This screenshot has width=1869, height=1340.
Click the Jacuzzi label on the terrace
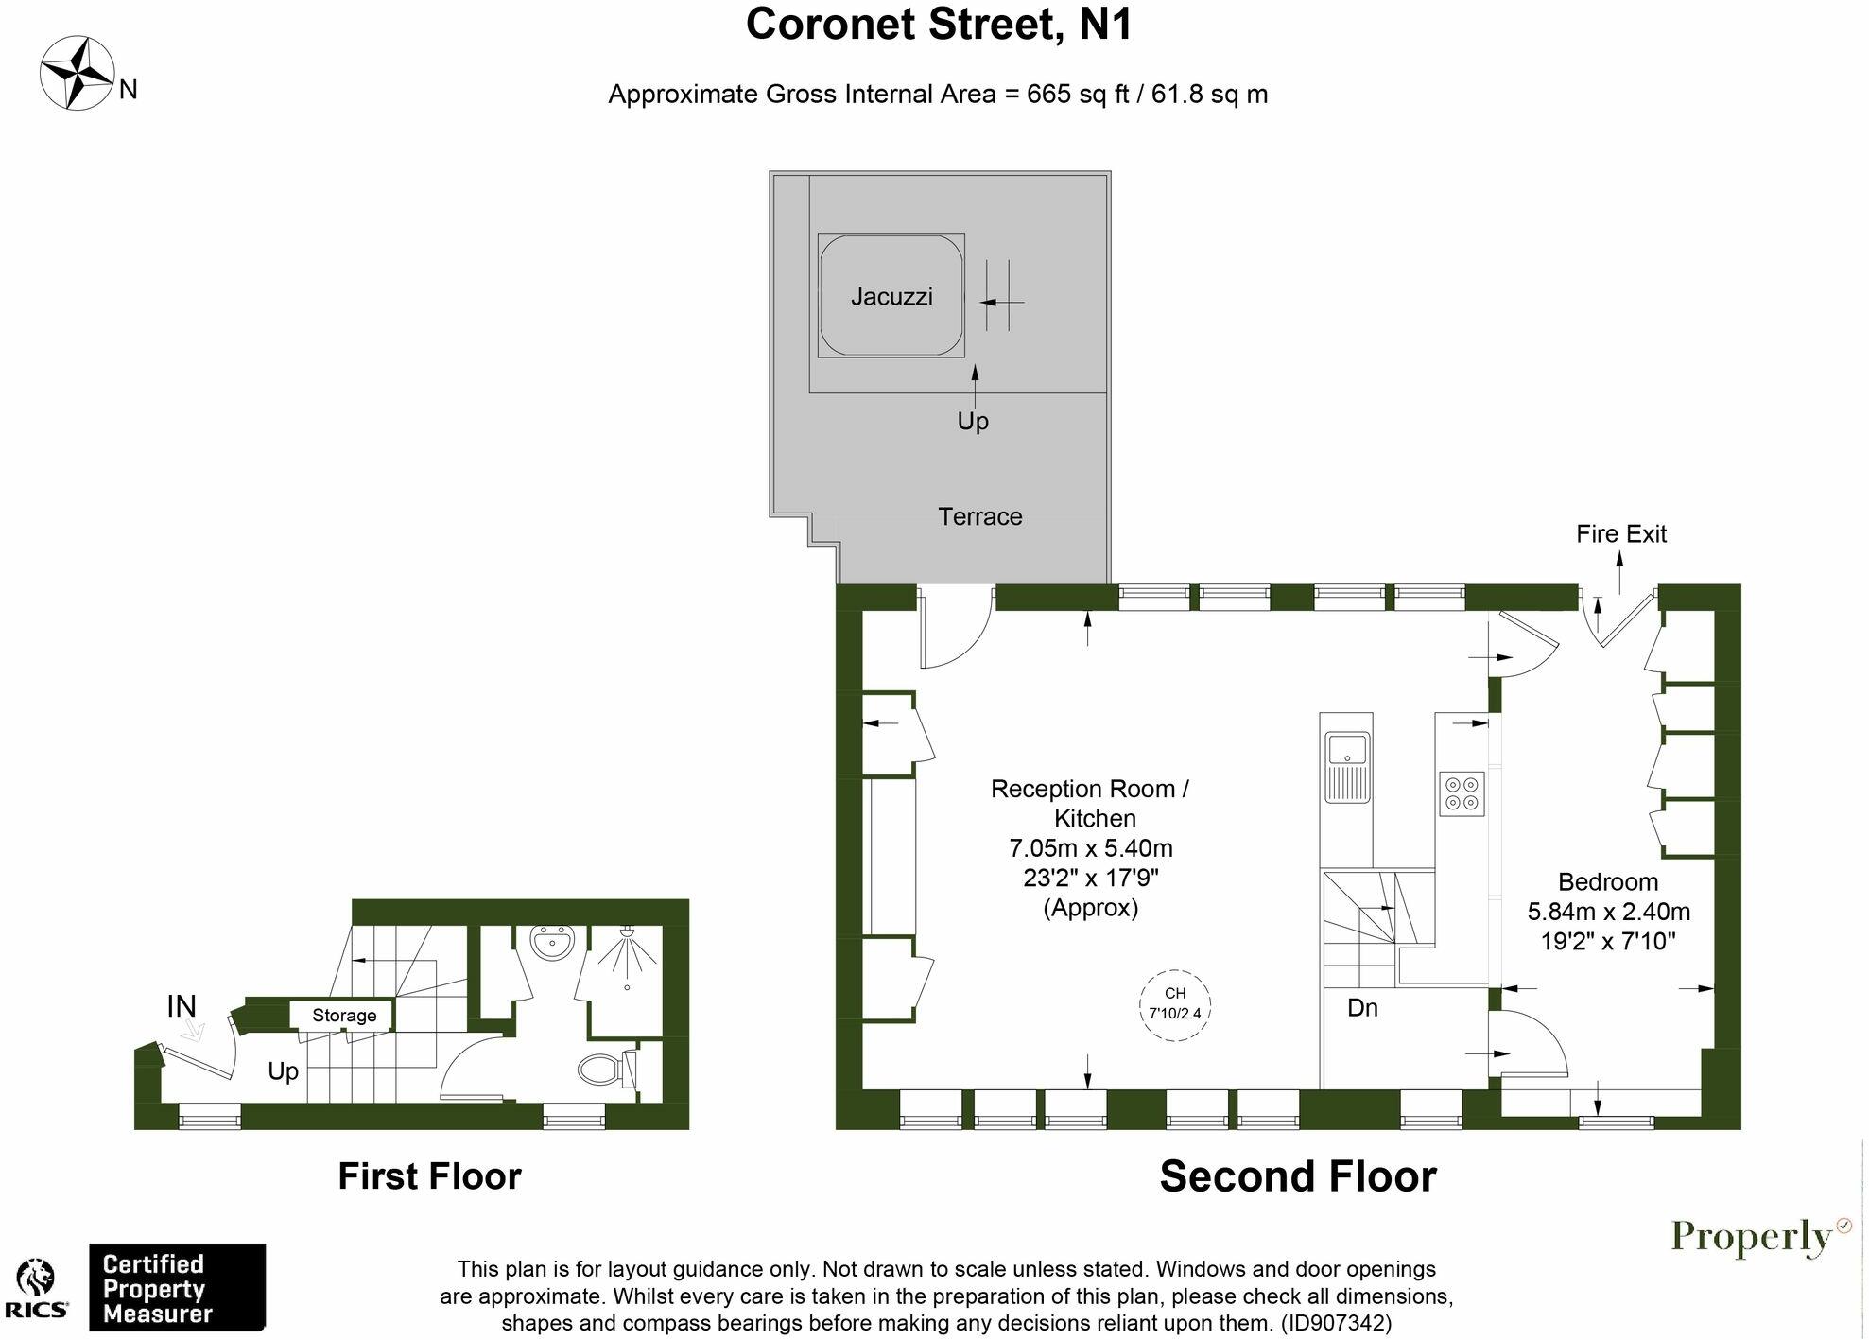coord(891,297)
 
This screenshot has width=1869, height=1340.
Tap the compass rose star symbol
coord(77,72)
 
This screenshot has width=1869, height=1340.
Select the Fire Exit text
coord(1620,534)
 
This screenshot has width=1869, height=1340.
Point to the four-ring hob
coord(1462,793)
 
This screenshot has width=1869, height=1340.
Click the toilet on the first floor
coord(602,1070)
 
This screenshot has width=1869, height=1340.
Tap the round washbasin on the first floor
coord(551,942)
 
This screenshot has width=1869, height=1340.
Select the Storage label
coord(344,1016)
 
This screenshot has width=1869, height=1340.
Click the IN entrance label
coord(182,1007)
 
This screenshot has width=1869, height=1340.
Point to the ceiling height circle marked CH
coord(1175,1004)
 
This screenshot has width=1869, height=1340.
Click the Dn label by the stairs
coord(1361,1008)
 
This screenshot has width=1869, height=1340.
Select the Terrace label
coord(979,517)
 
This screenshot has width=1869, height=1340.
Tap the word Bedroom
coord(1607,882)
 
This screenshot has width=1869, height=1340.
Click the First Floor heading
coord(429,1176)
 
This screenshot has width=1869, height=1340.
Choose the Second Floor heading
coord(1297,1176)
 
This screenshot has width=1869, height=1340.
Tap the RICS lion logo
coord(36,1288)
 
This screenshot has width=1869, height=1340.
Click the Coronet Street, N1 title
coord(938,25)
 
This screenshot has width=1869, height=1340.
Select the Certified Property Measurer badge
coord(177,1288)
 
